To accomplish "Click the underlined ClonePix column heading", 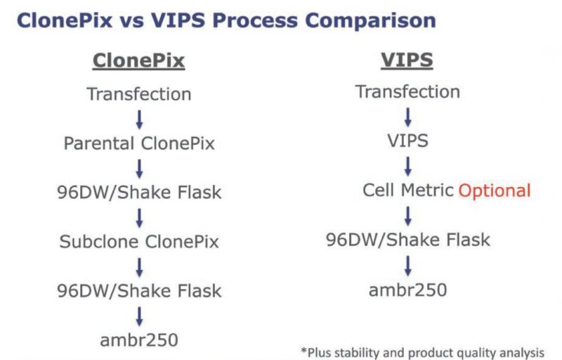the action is click(138, 60).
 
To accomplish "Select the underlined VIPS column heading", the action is click(407, 60).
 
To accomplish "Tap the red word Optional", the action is click(495, 191).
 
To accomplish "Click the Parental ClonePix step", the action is click(139, 143).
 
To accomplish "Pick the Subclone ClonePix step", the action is click(139, 241).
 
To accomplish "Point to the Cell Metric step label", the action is click(408, 190).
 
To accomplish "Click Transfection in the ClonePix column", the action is click(139, 94).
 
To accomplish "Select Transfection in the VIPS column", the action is click(408, 92).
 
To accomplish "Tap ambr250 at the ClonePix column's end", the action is click(139, 340).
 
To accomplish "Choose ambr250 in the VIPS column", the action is click(408, 290).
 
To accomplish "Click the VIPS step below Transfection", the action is click(408, 141).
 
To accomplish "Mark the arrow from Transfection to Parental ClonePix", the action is click(139, 120).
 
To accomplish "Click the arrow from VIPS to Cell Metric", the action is click(408, 167).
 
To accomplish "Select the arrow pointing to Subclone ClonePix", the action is click(139, 218).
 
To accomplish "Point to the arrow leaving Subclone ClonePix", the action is click(139, 267).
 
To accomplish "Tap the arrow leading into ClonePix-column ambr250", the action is click(139, 316).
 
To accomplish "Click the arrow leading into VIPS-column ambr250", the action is click(408, 265).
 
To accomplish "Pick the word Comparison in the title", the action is click(370, 20).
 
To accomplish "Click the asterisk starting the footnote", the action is click(304, 350).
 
